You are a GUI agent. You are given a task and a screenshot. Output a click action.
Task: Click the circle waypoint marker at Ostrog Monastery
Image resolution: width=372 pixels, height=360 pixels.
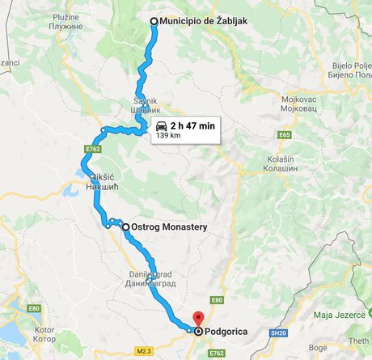coord(125,227)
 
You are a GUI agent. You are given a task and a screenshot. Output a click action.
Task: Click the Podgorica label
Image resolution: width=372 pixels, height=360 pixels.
coord(229,330)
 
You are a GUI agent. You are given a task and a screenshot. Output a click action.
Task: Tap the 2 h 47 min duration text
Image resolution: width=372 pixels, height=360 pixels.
coord(192,126)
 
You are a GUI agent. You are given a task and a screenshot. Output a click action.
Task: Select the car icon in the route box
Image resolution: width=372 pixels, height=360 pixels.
coord(161,126)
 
